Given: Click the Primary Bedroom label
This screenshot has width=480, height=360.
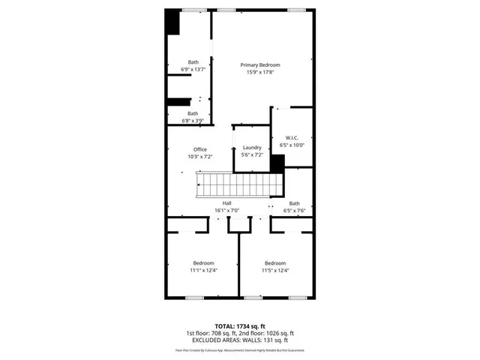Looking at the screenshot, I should tap(259, 65).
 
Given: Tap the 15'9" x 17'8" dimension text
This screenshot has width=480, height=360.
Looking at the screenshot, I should tap(259, 73).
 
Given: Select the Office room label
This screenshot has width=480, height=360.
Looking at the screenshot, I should tap(200, 149).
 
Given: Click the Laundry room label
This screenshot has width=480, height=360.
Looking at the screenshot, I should tap(252, 148).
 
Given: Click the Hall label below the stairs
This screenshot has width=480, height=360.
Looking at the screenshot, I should tap(226, 204).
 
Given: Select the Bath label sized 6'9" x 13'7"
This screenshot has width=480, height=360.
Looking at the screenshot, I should tap(193, 61).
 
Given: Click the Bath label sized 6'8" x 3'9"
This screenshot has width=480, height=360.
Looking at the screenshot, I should tap(193, 113).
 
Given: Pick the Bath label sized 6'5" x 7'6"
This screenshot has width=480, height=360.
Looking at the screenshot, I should tap(295, 203).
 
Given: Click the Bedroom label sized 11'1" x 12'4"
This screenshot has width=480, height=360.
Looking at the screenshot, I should tap(203, 263).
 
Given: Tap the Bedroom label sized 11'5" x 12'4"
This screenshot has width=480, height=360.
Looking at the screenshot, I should tap(274, 263).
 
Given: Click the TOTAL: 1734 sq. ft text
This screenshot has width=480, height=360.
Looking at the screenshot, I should tap(240, 327).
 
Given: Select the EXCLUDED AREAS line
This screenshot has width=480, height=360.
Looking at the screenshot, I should tap(240, 340).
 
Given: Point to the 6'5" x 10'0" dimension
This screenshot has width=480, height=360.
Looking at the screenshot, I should tap(292, 145).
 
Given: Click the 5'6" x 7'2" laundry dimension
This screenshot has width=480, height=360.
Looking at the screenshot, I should tap(252, 155).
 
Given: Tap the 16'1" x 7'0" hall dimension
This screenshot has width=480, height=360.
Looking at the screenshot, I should tap(226, 211).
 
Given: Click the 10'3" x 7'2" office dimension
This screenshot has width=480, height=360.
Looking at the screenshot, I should tap(200, 157).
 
